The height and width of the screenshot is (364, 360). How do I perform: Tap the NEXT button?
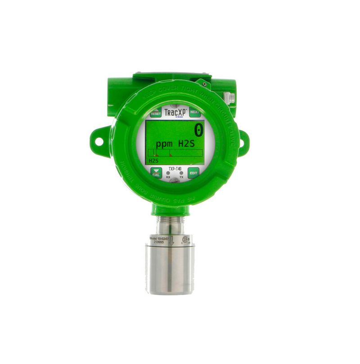[195, 112]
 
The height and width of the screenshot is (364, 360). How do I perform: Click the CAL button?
[156, 173]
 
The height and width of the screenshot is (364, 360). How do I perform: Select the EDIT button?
[193, 173]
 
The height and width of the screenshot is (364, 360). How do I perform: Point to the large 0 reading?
[198, 131]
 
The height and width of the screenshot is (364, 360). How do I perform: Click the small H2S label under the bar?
[154, 160]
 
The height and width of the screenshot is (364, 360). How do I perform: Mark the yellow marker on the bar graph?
[153, 154]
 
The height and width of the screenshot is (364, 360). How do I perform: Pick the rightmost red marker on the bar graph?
[171, 155]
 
